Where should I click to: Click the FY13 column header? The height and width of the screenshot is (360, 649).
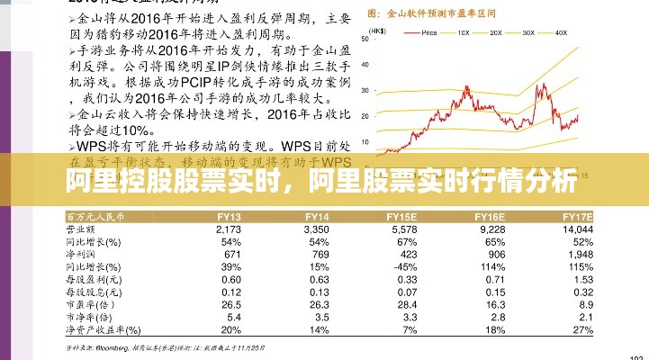coord(228,218)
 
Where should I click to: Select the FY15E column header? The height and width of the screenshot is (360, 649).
coord(401,218)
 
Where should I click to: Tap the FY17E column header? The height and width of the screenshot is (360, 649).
coord(577,218)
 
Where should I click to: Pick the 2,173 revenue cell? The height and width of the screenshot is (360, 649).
coord(229,231)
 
